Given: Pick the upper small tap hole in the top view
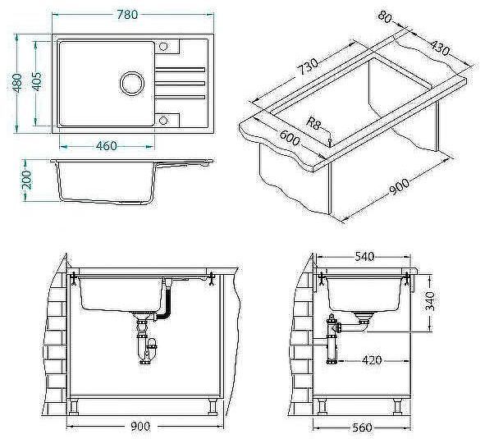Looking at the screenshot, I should [x=164, y=45].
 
